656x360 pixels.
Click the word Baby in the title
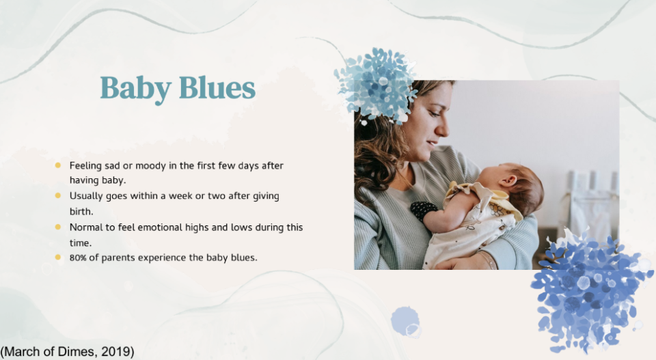point(135,89)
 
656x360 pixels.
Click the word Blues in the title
point(217,88)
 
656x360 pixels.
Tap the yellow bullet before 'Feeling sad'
point(57,165)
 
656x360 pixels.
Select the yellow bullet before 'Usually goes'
point(57,195)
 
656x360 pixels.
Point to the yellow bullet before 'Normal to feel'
point(57,227)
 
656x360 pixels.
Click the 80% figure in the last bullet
point(78,258)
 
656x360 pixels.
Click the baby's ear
point(508,180)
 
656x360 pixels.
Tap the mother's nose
point(442,128)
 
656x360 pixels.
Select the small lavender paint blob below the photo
point(405,321)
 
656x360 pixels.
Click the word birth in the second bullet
point(81,212)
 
